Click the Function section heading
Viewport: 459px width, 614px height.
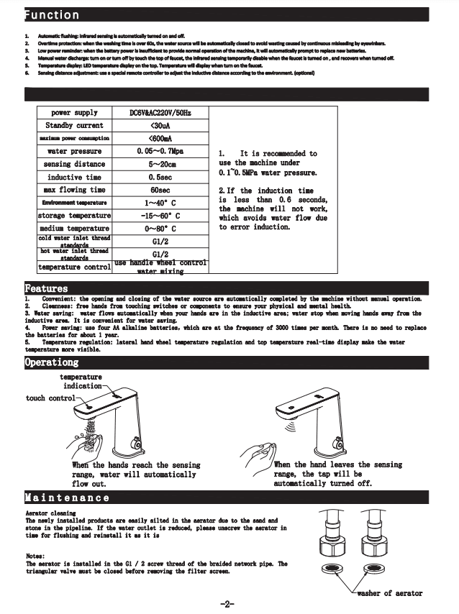click(53, 14)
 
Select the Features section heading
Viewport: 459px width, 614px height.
click(47, 288)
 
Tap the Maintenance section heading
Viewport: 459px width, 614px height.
click(68, 497)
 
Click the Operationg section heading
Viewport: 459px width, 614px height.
click(52, 362)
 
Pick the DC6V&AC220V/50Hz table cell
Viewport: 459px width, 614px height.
click(160, 113)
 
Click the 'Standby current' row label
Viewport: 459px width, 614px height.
click(75, 126)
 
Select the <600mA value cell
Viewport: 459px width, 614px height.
click(160, 139)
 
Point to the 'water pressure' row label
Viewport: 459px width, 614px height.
click(75, 152)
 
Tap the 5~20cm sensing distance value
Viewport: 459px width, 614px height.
click(160, 164)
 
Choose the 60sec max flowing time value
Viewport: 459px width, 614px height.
click(160, 190)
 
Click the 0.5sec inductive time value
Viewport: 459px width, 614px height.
click(160, 177)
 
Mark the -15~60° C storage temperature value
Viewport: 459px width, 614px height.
click(160, 216)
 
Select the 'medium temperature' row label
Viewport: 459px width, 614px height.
click(75, 229)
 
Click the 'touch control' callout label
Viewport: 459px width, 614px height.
click(50, 398)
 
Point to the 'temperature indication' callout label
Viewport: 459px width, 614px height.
click(81, 381)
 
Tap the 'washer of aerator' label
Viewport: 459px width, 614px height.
click(389, 593)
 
